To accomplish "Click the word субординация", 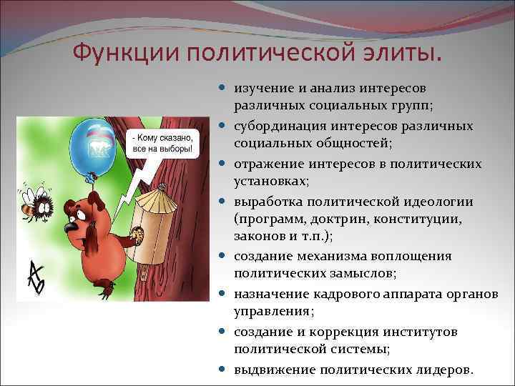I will pos(280,126).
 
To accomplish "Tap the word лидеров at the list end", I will pos(443,370).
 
